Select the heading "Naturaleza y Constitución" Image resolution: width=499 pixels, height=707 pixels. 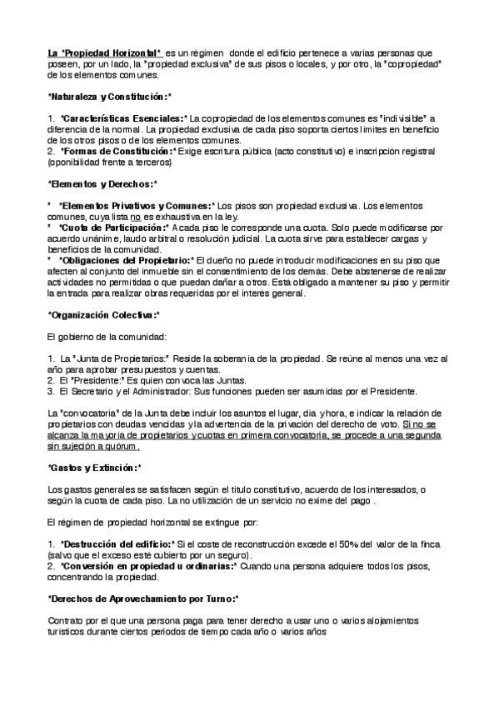(x=109, y=98)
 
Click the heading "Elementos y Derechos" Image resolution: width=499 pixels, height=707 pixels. (x=102, y=183)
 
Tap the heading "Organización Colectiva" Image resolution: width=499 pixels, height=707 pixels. (x=102, y=314)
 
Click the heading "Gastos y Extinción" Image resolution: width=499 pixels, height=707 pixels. (x=94, y=468)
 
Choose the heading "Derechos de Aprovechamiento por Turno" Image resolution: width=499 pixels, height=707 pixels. (x=143, y=599)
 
